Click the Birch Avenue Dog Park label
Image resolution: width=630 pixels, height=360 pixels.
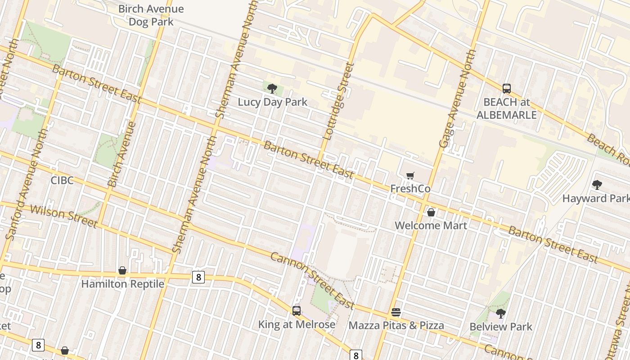tap(151, 15)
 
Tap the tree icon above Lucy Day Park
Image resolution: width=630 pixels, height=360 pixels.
tap(272, 88)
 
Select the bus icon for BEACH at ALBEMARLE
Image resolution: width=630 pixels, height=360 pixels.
tap(507, 88)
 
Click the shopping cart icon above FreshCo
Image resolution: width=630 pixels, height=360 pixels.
tap(410, 175)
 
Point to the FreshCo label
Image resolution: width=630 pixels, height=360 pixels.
tap(410, 189)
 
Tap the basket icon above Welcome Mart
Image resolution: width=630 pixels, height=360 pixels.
tap(431, 212)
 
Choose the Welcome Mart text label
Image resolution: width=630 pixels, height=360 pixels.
tap(431, 225)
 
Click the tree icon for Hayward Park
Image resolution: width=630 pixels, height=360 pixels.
tap(597, 185)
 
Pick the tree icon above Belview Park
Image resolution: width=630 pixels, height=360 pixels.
tap(500, 313)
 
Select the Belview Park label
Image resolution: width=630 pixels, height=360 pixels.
tap(501, 327)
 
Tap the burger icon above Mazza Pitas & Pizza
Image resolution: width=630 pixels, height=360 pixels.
tap(396, 312)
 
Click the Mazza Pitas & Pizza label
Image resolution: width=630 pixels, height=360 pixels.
tap(396, 325)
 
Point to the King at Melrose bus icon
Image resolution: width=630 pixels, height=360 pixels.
tap(297, 311)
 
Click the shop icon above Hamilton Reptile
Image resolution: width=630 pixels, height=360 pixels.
tap(122, 270)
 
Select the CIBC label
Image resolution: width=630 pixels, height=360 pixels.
tap(62, 180)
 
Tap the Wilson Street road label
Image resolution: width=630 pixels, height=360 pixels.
tap(63, 216)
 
